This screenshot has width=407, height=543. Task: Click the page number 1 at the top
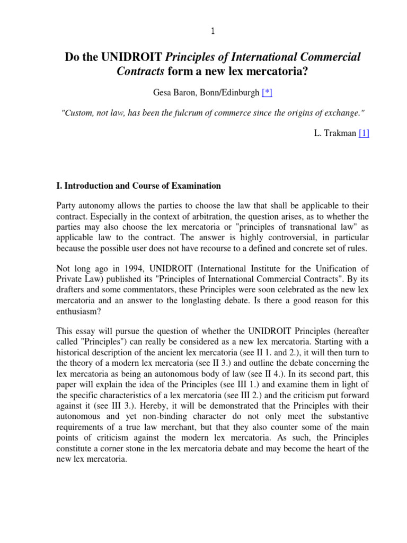(213, 31)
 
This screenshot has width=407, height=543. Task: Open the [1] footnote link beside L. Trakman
(364, 134)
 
